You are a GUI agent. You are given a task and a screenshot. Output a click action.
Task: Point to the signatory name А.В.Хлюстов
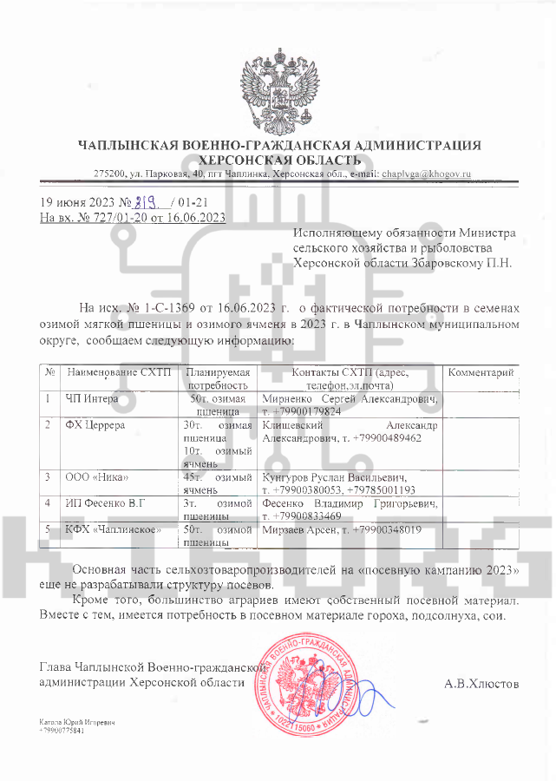pyautogui.click(x=481, y=684)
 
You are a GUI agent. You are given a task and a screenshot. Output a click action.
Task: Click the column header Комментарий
pyautogui.click(x=481, y=372)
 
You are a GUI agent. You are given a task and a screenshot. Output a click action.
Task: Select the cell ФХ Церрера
pyautogui.click(x=95, y=425)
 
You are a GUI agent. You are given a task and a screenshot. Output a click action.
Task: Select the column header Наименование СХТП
pyautogui.click(x=115, y=372)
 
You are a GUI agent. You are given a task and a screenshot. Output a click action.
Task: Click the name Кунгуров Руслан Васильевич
pyautogui.click(x=334, y=477)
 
